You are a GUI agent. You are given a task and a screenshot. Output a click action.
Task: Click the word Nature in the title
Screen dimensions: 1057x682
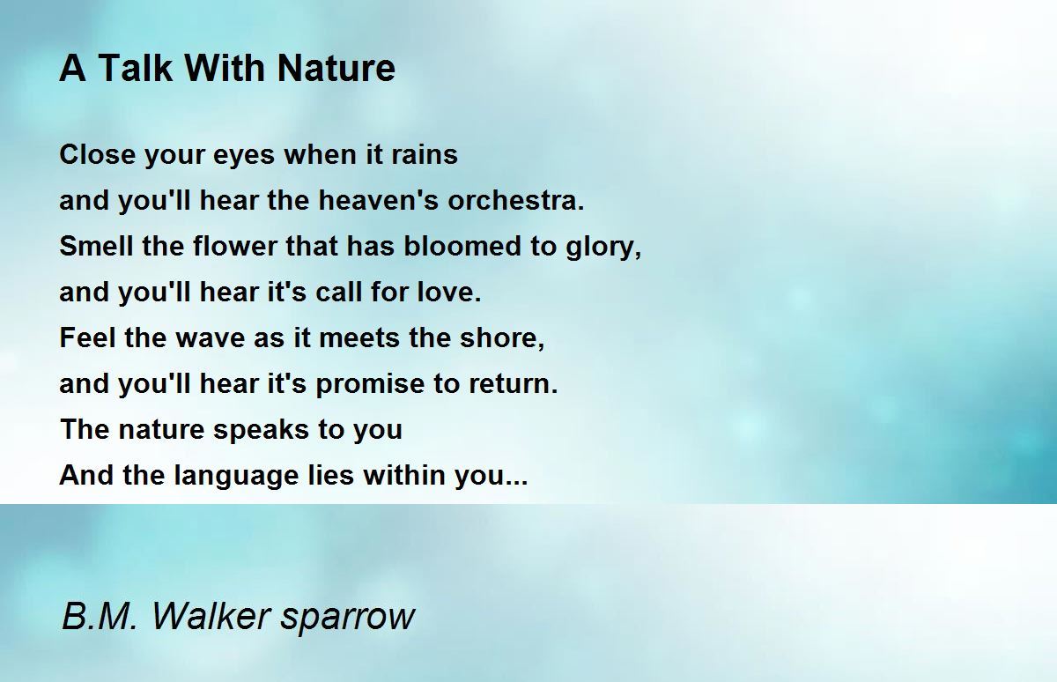pyautogui.click(x=336, y=69)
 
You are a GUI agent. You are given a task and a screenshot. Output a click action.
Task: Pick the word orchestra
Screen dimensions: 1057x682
pyautogui.click(x=516, y=200)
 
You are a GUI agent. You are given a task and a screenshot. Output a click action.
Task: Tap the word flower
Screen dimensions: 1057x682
pyautogui.click(x=235, y=246)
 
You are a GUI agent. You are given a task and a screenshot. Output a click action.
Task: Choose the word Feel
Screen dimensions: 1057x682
pyautogui.click(x=88, y=337)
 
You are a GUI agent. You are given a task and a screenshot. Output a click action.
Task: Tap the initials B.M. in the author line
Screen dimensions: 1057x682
pyautogui.click(x=100, y=615)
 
